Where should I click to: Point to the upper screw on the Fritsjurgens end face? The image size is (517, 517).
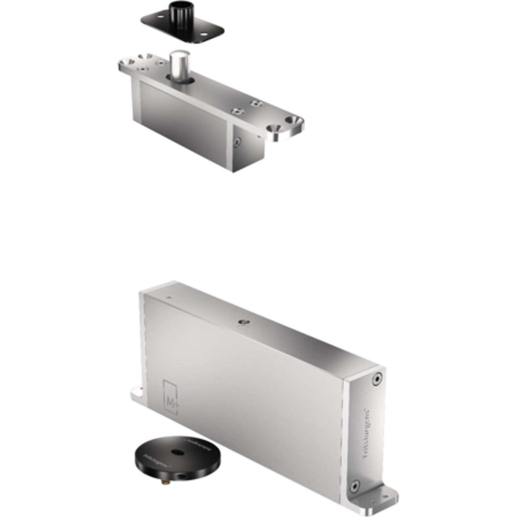[x=377, y=379]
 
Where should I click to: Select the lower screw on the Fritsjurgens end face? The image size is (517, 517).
[x=354, y=487]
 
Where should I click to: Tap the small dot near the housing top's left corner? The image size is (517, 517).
[x=168, y=297]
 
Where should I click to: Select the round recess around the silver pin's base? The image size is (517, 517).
[x=180, y=79]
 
